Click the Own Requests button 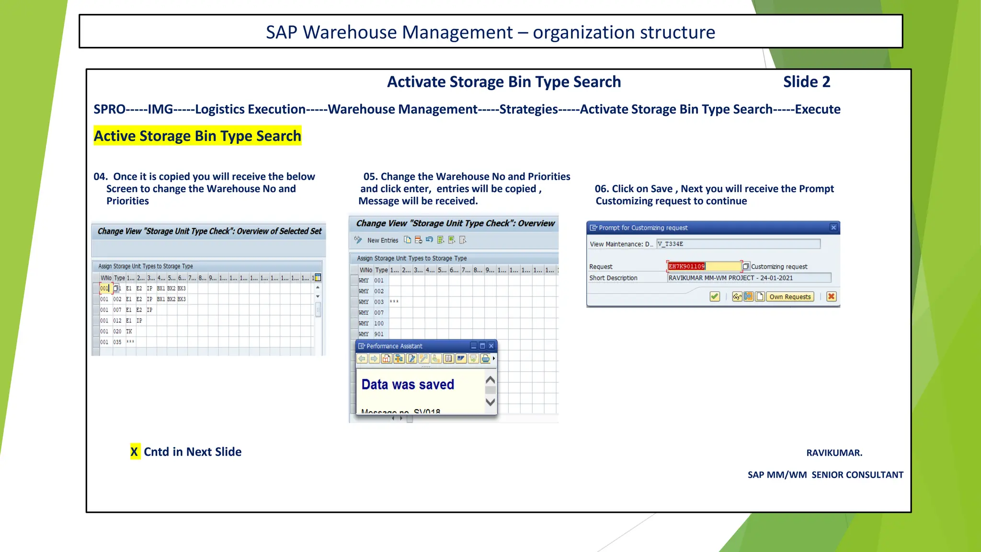pos(790,297)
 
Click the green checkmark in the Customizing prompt pos(715,297)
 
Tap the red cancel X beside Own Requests pos(832,297)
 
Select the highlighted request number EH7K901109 pos(686,266)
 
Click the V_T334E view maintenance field pos(738,244)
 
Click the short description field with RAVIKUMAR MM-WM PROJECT pos(749,278)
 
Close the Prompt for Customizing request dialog pos(833,228)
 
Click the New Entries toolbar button pos(382,240)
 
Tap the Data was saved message pos(408,384)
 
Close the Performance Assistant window pos(491,346)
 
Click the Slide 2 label pos(806,82)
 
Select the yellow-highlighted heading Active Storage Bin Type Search pos(197,136)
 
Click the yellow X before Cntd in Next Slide pos(135,452)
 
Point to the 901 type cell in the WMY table pos(379,334)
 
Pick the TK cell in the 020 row pos(129,331)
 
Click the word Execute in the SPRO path pos(818,109)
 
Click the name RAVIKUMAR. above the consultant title pos(834,453)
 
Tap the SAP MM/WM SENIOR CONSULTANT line pos(825,475)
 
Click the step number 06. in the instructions pos(602,189)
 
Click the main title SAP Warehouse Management pos(389,32)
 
